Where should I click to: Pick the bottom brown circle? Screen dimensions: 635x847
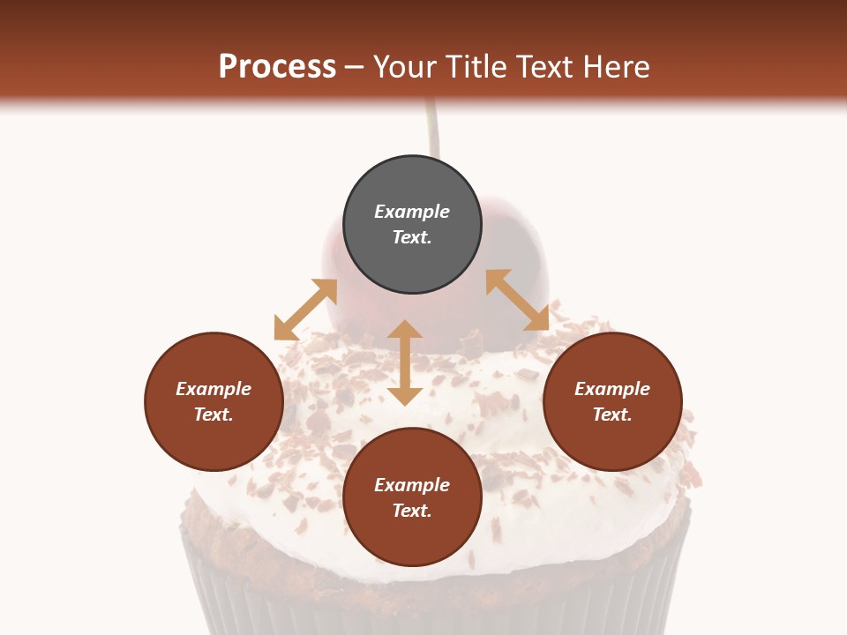tap(412, 538)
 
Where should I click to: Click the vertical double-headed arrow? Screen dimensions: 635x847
tap(405, 362)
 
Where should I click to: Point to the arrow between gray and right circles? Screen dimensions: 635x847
tap(517, 300)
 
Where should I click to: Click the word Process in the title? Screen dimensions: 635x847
tap(277, 66)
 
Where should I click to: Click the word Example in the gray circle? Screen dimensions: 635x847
tap(412, 212)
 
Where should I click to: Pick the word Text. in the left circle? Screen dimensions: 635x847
tap(214, 415)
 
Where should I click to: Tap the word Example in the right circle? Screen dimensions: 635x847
tap(612, 389)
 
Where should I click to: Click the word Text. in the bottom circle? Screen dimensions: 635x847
tap(412, 511)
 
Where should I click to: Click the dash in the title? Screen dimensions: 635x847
tap(355, 68)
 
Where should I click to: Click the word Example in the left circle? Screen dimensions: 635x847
tap(214, 389)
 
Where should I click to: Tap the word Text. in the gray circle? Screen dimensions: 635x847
tap(412, 237)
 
